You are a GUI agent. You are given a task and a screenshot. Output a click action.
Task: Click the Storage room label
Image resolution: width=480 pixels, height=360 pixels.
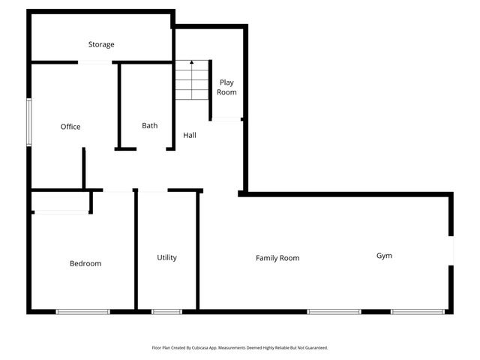click(101, 44)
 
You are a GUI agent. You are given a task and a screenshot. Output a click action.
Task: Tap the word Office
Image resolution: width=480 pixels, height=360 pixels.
click(70, 127)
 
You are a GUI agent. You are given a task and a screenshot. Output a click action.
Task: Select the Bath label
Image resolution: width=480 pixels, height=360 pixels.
click(150, 125)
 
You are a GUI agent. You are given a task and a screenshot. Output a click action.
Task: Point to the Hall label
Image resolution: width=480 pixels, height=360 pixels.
click(190, 135)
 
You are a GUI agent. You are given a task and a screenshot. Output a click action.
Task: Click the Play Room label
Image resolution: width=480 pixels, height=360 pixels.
click(226, 87)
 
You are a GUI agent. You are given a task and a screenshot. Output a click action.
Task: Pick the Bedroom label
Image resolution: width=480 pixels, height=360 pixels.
click(85, 263)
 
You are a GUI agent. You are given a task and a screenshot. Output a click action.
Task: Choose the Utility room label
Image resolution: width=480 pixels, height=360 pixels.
click(166, 257)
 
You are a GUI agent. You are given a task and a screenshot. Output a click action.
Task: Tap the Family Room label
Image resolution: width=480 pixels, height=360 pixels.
click(277, 258)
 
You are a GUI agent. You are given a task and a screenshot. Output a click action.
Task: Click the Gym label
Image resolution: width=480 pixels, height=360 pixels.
click(384, 256)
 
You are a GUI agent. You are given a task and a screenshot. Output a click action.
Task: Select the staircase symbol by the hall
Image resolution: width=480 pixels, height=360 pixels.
click(191, 80)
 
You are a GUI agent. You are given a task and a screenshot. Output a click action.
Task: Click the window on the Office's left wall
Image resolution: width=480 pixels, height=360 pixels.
click(29, 121)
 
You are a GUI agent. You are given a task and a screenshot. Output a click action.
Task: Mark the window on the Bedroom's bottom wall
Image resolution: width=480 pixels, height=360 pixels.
click(83, 311)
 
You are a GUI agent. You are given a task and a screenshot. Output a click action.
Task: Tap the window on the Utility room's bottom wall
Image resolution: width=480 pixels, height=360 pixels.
click(166, 311)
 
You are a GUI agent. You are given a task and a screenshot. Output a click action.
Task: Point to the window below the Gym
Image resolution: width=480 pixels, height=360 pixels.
click(417, 311)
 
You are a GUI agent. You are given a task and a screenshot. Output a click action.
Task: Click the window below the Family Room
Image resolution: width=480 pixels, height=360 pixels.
click(333, 311)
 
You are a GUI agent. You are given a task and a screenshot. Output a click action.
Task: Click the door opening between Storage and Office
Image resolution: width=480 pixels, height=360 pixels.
click(95, 62)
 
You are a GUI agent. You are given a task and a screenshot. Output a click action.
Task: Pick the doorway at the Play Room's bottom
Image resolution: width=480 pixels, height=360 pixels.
click(226, 118)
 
